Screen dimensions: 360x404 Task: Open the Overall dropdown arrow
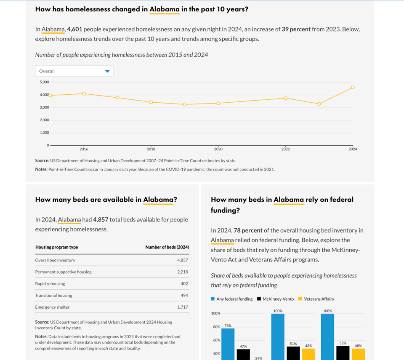click(x=107, y=71)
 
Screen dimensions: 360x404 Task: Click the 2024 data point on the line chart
click(x=353, y=88)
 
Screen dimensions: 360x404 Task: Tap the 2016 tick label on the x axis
click(x=84, y=149)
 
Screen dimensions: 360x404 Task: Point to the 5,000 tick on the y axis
click(x=44, y=82)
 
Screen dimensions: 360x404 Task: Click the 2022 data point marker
click(x=285, y=98)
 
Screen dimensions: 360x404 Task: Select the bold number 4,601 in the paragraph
click(x=75, y=29)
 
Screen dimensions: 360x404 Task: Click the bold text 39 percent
click(x=296, y=29)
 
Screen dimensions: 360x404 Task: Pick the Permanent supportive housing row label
click(x=63, y=272)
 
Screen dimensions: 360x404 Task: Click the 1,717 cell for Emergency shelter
click(x=182, y=307)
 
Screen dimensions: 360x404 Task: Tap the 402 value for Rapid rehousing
click(x=184, y=284)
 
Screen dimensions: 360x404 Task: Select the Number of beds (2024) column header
click(x=167, y=247)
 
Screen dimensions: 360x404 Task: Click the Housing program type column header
click(x=56, y=247)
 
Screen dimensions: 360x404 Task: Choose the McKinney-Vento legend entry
click(x=278, y=299)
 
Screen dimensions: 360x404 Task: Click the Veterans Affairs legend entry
click(x=319, y=299)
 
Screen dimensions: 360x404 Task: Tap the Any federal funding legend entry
click(x=234, y=299)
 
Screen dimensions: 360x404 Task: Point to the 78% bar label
click(x=228, y=325)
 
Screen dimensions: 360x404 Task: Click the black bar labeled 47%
click(x=243, y=355)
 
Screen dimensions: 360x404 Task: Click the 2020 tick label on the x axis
click(x=218, y=149)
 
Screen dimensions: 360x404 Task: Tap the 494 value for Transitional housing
click(x=184, y=296)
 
